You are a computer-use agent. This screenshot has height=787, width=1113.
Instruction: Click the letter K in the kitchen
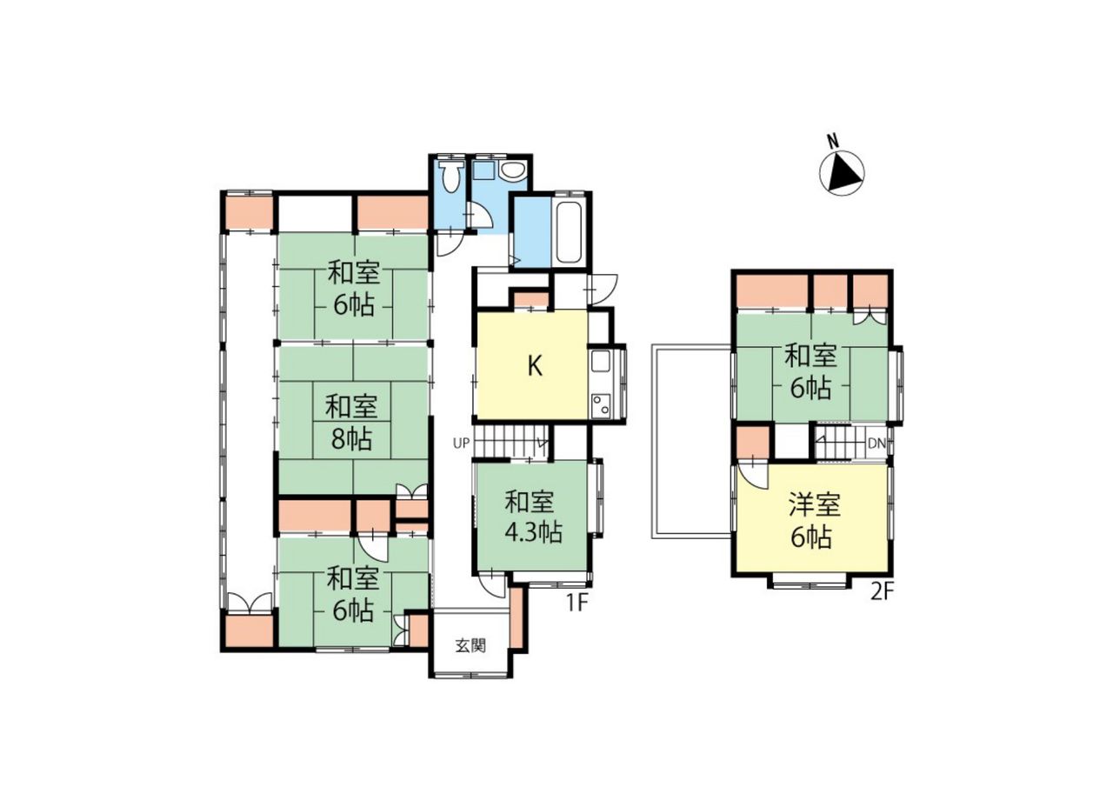click(535, 366)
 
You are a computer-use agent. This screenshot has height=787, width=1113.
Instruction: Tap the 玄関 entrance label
click(470, 646)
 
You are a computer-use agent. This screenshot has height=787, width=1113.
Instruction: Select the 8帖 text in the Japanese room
click(351, 438)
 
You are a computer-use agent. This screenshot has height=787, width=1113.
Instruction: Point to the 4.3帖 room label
click(534, 532)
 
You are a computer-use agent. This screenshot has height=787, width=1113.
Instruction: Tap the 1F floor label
click(577, 604)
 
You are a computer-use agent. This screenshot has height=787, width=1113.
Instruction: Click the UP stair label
click(461, 444)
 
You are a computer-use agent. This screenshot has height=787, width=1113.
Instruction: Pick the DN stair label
click(877, 444)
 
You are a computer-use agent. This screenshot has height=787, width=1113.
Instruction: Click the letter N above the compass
click(833, 141)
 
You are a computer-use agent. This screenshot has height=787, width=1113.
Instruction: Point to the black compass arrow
click(843, 173)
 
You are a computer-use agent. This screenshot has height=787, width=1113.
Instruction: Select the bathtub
click(569, 234)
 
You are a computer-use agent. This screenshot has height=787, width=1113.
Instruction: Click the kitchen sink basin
click(601, 361)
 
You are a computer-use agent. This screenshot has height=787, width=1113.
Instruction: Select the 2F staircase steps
click(840, 443)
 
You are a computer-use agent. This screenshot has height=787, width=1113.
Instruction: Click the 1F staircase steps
click(510, 443)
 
